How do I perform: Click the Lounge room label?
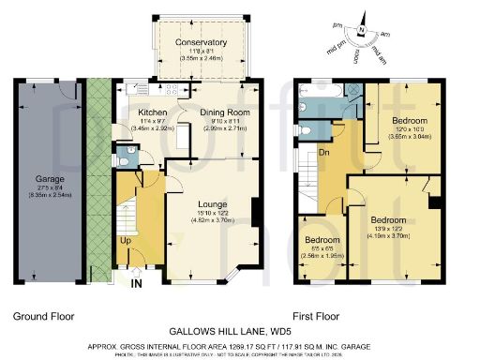click(x=211, y=203)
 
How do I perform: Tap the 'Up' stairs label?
click(x=125, y=240)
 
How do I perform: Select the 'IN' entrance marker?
click(x=137, y=281)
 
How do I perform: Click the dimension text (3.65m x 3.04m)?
click(x=410, y=137)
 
